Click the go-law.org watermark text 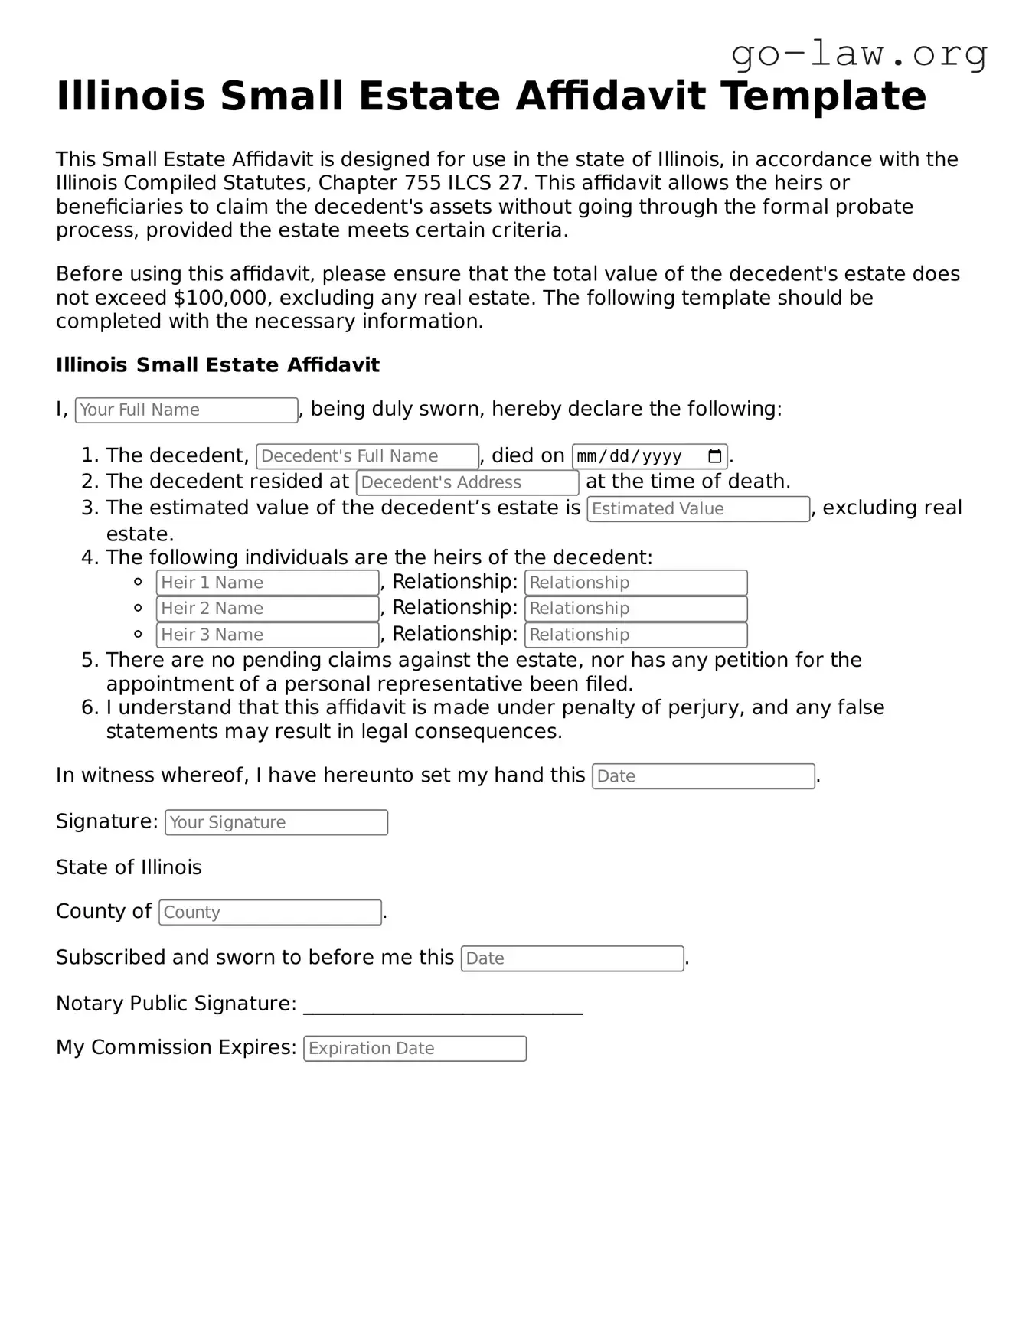coord(859,54)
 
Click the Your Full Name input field coord(186,410)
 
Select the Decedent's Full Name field coord(367,456)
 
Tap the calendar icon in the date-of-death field coord(714,456)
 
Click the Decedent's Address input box coord(467,482)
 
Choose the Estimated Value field coord(697,509)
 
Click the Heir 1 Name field coord(267,583)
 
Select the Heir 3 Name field coord(267,635)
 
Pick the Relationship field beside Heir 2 coord(635,609)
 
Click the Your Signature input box coord(276,822)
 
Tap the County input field coord(269,913)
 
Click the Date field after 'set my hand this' coord(703,776)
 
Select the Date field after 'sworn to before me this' coord(572,958)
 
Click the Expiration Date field coord(414,1049)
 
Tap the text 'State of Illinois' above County coord(129,867)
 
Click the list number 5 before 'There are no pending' coord(89,660)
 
